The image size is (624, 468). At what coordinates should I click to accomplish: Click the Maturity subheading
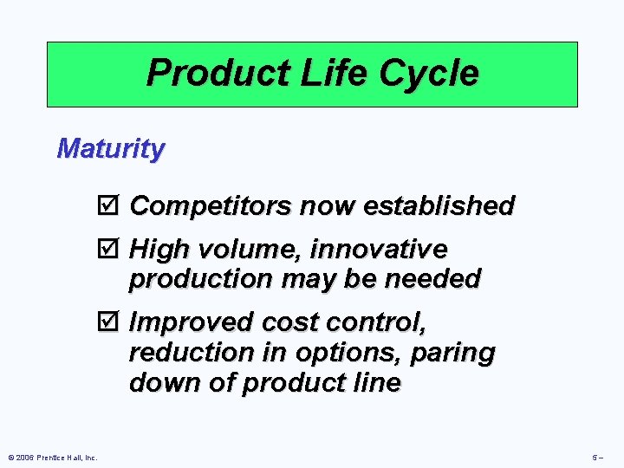point(110,148)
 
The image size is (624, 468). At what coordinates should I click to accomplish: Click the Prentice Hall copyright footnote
point(51,457)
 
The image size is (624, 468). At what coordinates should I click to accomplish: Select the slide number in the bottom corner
point(597,457)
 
